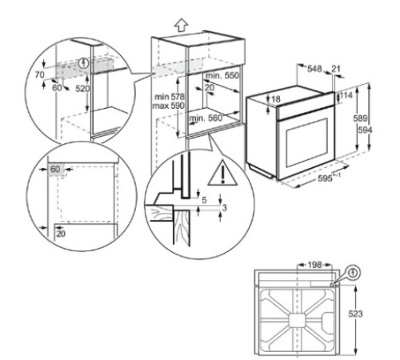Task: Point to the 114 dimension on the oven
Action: click(x=346, y=95)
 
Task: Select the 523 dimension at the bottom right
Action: click(x=366, y=315)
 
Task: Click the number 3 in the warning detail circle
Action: click(x=224, y=209)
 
